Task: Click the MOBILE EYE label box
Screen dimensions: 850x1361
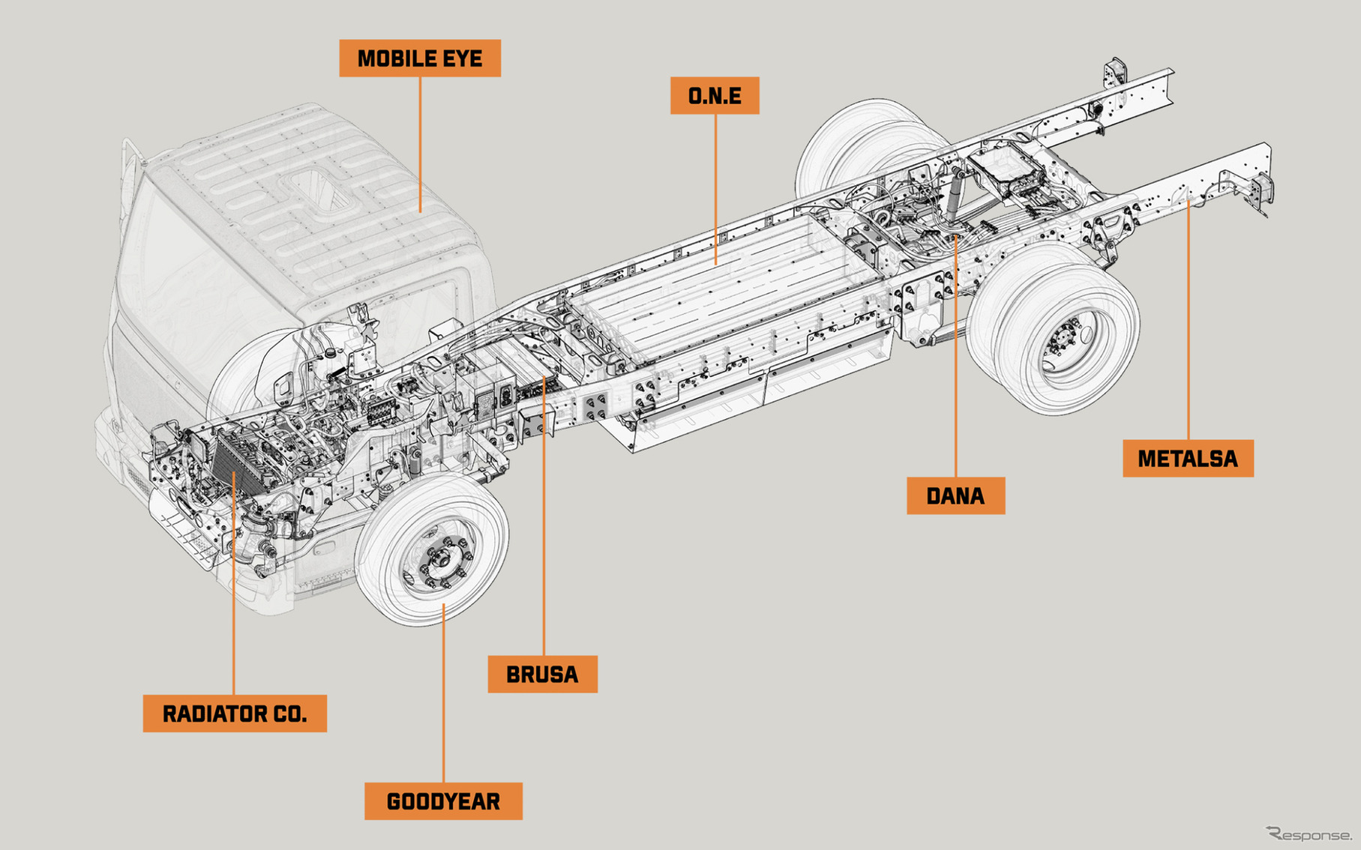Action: pos(420,58)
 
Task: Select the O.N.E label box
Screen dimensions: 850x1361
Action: pos(715,96)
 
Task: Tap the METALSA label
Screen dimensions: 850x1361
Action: pos(1188,459)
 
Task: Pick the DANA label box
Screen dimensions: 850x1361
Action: pos(955,496)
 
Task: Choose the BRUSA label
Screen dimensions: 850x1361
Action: pos(542,675)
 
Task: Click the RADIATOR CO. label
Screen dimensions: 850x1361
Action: pos(235,714)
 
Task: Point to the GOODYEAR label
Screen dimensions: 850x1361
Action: pos(443,801)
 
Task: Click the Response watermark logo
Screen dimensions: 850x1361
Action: pos(1309,834)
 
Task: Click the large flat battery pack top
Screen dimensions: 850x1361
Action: pos(720,285)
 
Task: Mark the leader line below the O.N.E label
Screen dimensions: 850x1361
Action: pos(715,187)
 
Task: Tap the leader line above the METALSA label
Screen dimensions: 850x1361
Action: pos(1188,322)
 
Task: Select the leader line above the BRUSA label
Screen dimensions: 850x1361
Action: pos(544,525)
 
